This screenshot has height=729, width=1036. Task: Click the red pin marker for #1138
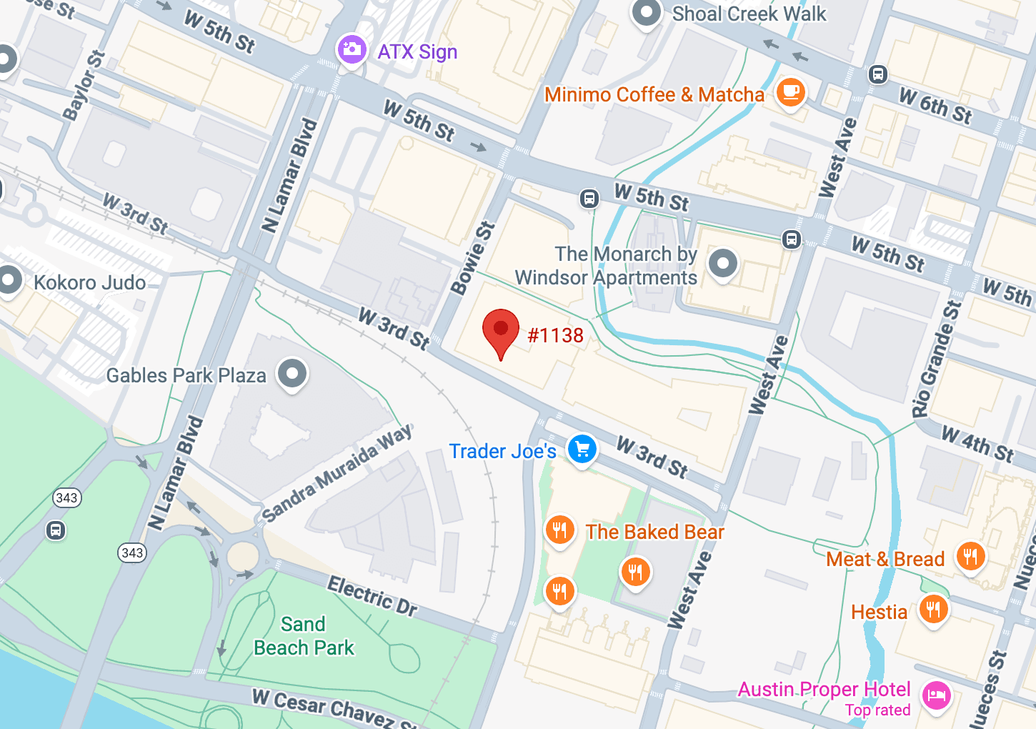point(501,329)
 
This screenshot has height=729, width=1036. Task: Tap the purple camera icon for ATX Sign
point(352,49)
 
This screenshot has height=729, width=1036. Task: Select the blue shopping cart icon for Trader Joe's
point(582,450)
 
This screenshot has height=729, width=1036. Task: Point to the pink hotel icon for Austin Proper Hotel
point(936,695)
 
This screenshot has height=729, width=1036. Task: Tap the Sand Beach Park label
point(304,636)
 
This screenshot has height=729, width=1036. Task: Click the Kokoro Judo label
point(89,282)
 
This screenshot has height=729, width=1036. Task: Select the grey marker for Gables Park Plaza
point(292,373)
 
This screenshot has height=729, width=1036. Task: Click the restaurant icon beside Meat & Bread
point(970,556)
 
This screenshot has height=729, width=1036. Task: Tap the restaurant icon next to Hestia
point(933,610)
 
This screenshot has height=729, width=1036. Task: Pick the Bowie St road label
point(472,259)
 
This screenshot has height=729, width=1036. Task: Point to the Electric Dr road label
point(372,596)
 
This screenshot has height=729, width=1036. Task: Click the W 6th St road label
point(935,106)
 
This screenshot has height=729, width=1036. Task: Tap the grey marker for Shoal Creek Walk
point(647,12)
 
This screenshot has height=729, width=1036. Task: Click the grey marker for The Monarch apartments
point(722,264)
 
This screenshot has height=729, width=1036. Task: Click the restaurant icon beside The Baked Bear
point(560,530)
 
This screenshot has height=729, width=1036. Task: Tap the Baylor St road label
point(84,86)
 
